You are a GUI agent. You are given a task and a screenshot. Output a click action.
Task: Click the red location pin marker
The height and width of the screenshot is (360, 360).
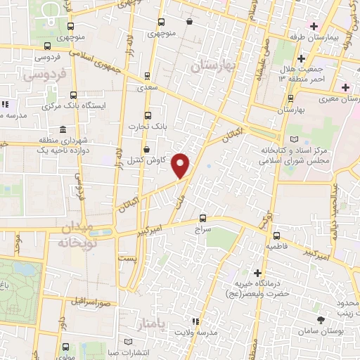click(x=182, y=165)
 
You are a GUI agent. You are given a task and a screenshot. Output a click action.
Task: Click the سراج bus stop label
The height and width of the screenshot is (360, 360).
click(x=203, y=229)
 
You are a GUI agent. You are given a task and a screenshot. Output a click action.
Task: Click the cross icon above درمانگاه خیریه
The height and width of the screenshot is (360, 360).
click(x=258, y=273)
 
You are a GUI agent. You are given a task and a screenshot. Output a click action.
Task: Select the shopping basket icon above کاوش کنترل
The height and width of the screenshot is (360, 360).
click(x=146, y=149)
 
